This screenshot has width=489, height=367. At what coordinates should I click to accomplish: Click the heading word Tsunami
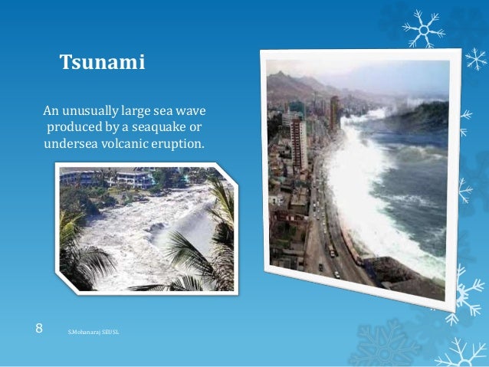coord(103,62)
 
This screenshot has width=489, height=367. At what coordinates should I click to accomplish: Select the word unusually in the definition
coord(95,109)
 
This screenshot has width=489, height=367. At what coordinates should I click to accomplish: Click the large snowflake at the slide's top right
coord(424,29)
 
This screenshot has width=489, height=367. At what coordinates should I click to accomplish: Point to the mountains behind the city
coord(299,84)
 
